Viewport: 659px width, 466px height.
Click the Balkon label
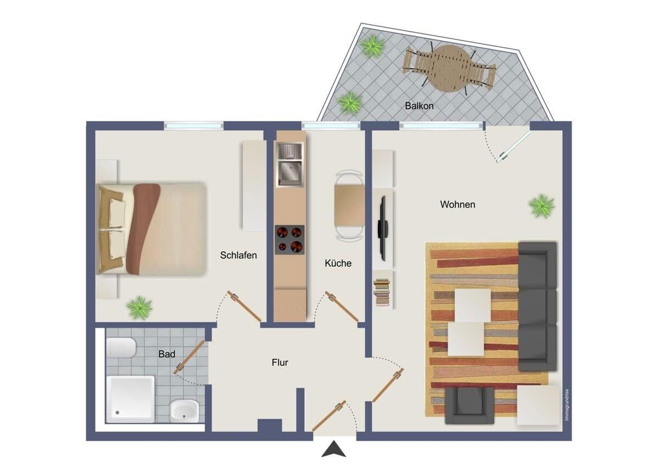pos(419,106)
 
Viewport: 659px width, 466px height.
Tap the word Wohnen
pos(457,204)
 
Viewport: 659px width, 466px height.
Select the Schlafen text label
pos(238,255)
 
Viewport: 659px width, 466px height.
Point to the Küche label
pos(338,263)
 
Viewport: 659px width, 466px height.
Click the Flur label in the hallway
pos(280,363)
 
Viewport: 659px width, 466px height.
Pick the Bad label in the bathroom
pos(166,354)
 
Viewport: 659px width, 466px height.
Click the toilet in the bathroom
pos(121,347)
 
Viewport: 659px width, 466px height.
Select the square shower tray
pos(130,399)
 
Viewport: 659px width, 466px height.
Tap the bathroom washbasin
pos(184,409)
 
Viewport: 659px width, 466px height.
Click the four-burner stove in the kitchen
pos(289,240)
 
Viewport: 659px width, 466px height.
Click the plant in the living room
pos(541,206)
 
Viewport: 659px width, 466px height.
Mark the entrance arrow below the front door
pos(333,450)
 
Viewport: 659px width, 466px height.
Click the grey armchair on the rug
pos(469,405)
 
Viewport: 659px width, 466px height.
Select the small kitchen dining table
pos(349,205)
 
